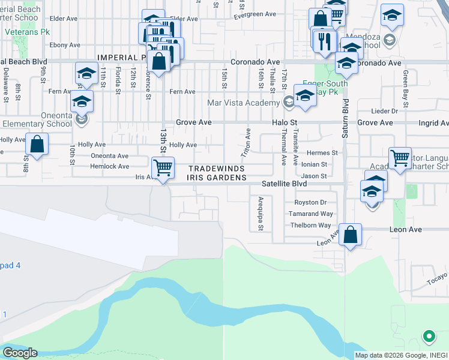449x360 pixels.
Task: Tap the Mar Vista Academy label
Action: pos(244,103)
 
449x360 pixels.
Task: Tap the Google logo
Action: pos(19,353)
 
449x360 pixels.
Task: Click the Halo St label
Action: pos(285,122)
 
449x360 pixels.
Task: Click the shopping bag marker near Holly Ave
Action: pos(37,144)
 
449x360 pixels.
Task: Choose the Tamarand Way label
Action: pos(310,214)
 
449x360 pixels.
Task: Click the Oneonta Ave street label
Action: pos(110,155)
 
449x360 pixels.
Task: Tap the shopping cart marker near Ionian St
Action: pos(400,158)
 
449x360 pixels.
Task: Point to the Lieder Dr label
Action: pos(385,111)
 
